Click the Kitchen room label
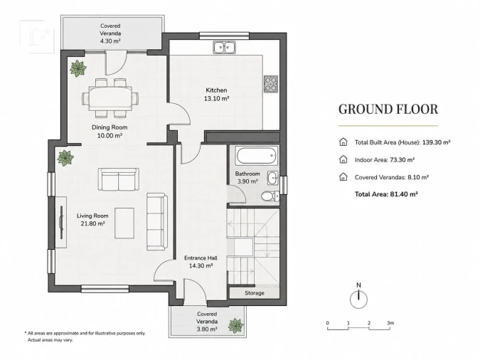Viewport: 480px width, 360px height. coord(216,90)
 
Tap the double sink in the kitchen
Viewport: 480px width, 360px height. coord(225,48)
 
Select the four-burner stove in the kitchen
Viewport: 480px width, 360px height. coord(271,84)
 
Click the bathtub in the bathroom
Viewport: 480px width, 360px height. coord(257,155)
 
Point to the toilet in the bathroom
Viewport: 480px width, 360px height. coord(270,196)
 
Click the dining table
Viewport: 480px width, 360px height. coord(110,98)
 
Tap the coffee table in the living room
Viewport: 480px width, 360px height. coord(124,223)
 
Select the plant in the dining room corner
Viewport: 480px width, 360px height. coord(78,68)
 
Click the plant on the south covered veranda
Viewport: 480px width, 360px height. coord(235,325)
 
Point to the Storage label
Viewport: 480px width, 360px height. coord(255,293)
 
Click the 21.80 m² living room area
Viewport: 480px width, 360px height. coord(92,223)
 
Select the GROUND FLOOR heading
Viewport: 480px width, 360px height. coord(388,110)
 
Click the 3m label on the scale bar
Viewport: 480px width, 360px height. coord(390,323)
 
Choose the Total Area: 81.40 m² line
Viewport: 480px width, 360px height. coord(386,194)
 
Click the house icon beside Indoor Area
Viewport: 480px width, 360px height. coord(343,159)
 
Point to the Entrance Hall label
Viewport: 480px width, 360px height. coord(201,258)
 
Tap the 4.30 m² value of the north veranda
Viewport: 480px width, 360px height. coord(110,41)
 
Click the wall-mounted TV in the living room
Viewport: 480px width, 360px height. coord(62,222)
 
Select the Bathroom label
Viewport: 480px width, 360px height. coord(247,174)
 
